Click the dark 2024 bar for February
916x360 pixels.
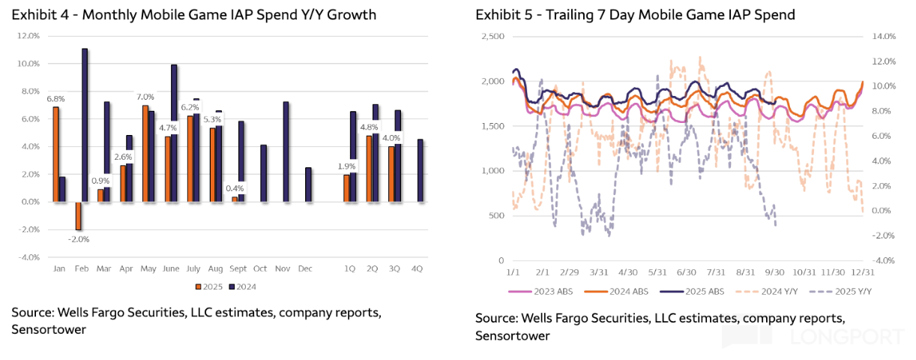coord(85,124)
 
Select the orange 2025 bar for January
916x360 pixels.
coord(55,154)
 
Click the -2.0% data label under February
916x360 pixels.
coord(79,239)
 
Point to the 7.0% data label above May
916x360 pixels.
coord(145,97)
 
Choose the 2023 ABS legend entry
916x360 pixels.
coord(532,292)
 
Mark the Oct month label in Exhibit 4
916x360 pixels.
coord(260,268)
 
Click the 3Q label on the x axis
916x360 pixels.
coord(395,268)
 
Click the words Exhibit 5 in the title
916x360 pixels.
coord(501,15)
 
